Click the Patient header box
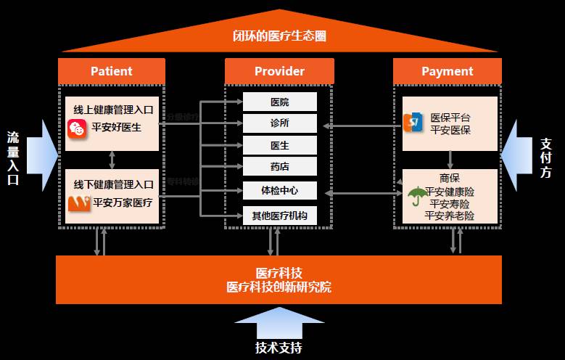(x=112, y=71)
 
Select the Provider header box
(x=279, y=71)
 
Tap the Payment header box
(x=447, y=71)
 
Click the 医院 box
(x=279, y=102)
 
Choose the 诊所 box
(x=279, y=123)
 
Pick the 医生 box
(x=279, y=145)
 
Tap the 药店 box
(x=279, y=167)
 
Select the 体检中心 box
(x=279, y=192)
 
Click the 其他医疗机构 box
(x=279, y=216)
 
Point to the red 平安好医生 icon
(x=77, y=129)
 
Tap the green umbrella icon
(x=416, y=197)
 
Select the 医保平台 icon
(x=413, y=123)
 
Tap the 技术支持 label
(x=279, y=347)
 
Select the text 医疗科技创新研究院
(x=279, y=287)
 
